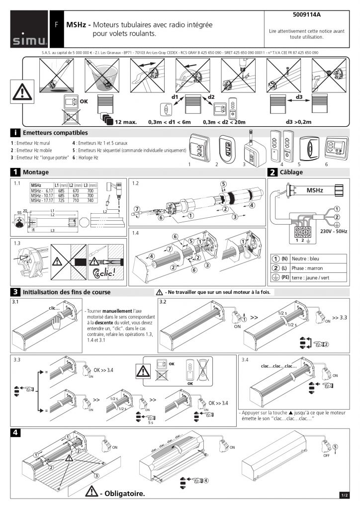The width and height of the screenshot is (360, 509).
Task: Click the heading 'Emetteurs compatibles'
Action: pos(55,133)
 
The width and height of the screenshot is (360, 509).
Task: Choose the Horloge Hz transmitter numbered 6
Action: pos(334,148)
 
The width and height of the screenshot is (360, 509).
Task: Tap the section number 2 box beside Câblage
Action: pos(272,172)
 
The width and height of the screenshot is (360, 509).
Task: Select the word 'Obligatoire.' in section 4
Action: pos(124,494)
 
